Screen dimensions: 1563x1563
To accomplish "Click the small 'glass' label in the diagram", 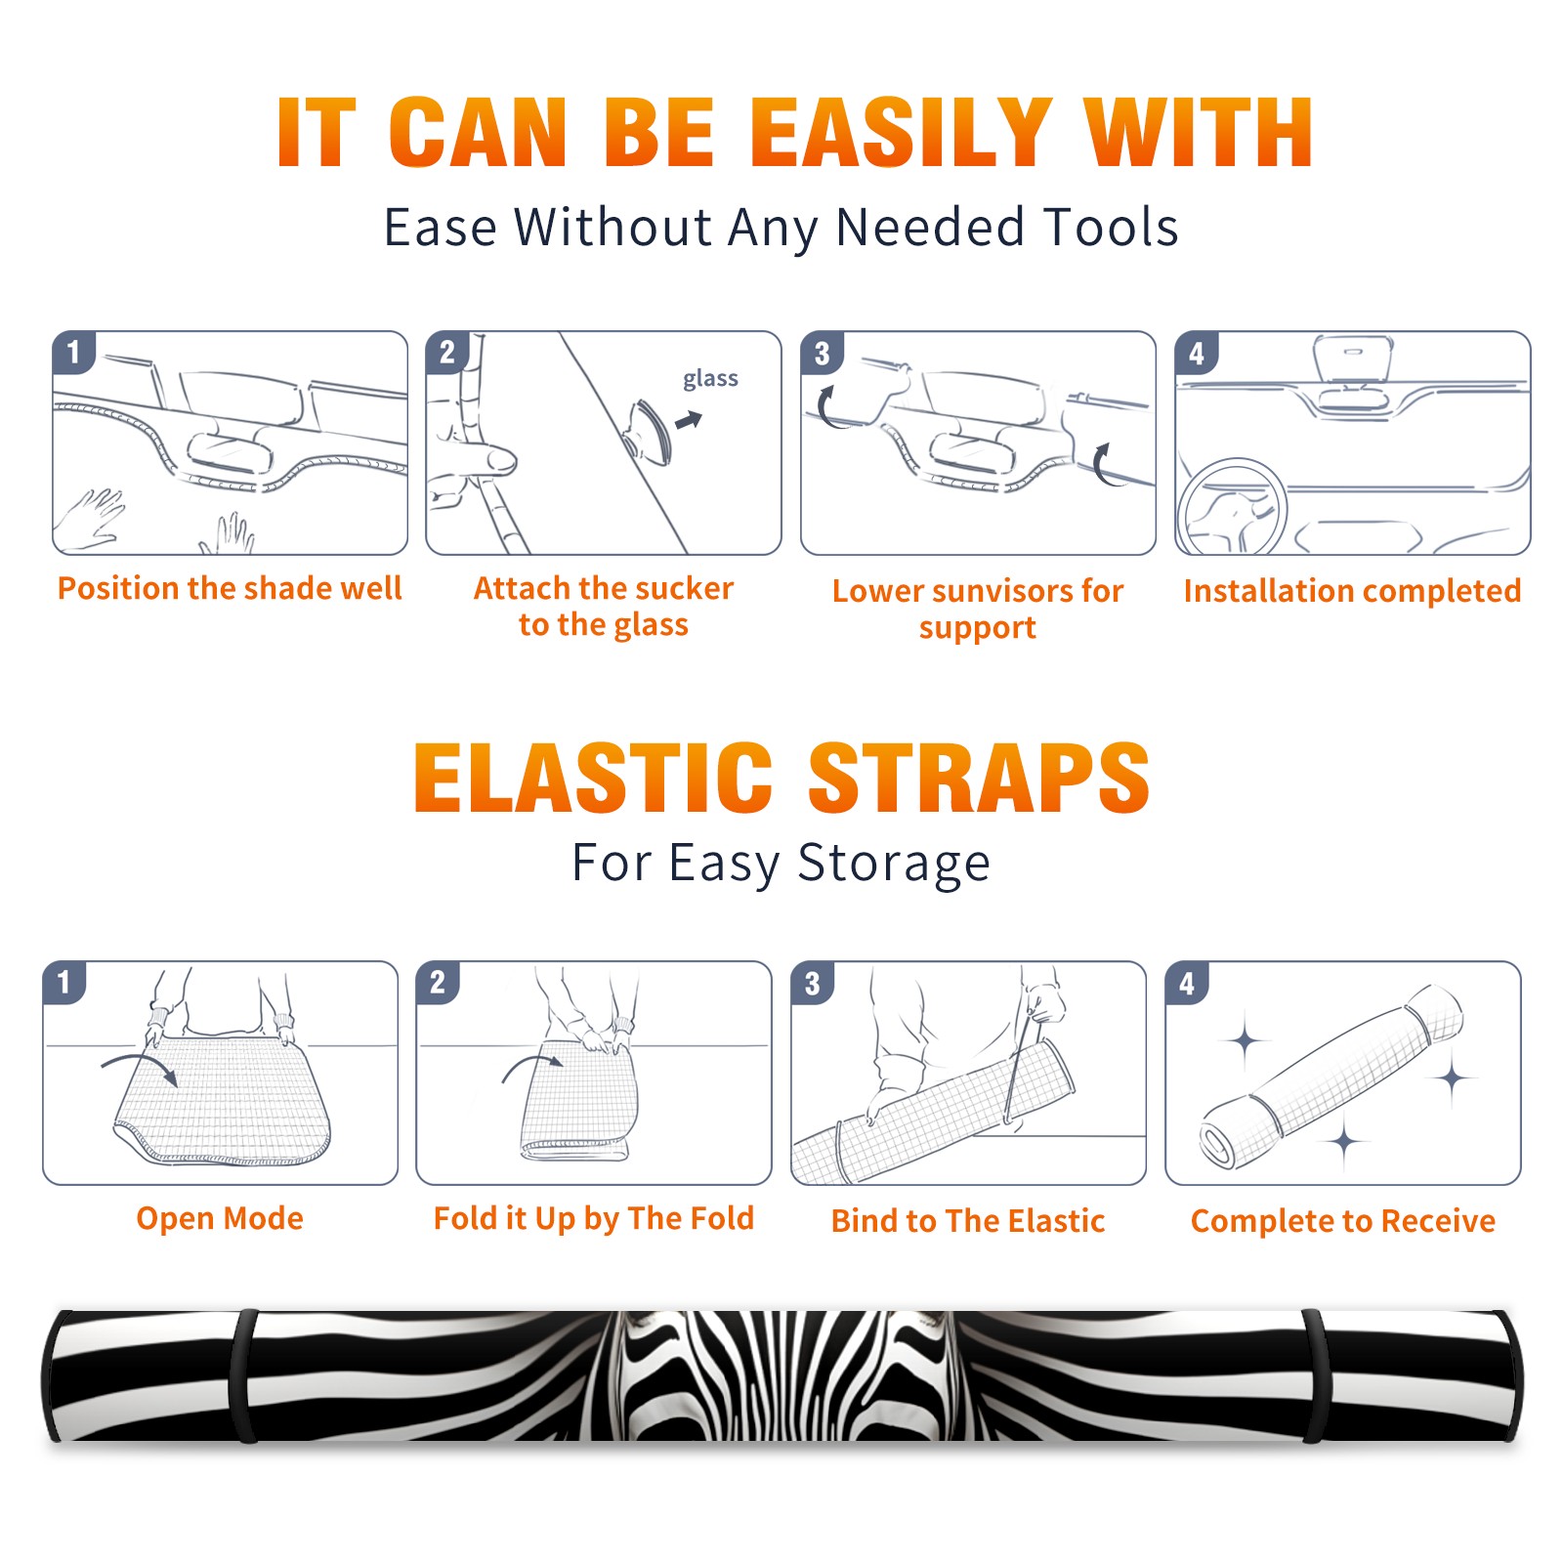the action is pos(710,379).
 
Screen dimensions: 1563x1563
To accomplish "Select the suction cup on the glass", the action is pos(649,432).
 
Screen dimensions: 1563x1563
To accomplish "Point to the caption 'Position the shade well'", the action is pos(230,588).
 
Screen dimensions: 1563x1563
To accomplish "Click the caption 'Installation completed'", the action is pos(1352,590).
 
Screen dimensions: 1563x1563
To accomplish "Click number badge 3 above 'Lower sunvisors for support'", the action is pos(822,353).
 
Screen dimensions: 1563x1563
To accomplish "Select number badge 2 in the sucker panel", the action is pos(447,353).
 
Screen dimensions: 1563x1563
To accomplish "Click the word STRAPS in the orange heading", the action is pos(979,778).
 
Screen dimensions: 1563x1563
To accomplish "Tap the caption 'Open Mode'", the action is pos(220,1218).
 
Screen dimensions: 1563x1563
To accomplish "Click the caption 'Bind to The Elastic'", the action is pos(967,1221).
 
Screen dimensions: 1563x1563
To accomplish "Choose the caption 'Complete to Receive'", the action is pos(1343,1221).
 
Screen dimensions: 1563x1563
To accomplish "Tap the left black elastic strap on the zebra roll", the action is pos(243,1376).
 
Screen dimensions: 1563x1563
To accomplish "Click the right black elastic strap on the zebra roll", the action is pos(1315,1376).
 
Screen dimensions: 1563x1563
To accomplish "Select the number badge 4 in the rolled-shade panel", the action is pos(1187,983).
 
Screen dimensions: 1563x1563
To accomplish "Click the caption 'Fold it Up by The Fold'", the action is pos(594,1218).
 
